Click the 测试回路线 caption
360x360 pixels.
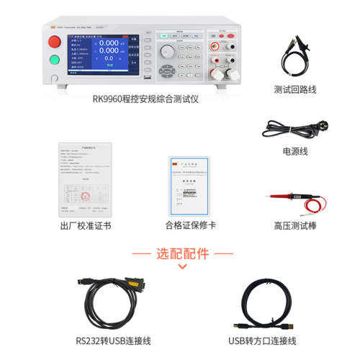point(294,89)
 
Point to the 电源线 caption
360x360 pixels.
point(294,151)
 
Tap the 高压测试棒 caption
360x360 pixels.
point(294,225)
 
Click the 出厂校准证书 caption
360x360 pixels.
point(86,225)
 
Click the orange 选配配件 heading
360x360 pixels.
point(182,253)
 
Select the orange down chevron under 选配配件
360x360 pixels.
point(182,266)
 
